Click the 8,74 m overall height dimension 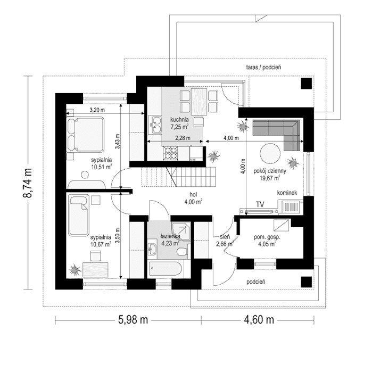click(27, 183)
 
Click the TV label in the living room click(260, 204)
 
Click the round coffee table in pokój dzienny click(270, 154)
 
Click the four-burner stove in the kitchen click(171, 153)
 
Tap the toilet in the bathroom click(183, 250)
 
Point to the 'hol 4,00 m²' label click(192, 199)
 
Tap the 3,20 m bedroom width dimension click(96, 110)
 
